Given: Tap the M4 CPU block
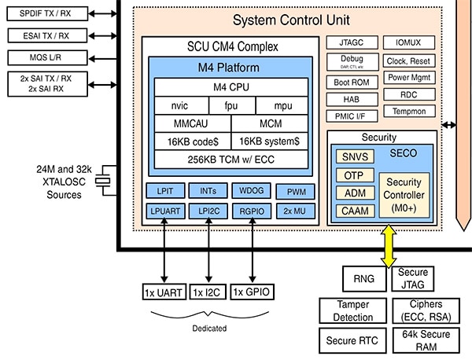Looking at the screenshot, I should point(230,86).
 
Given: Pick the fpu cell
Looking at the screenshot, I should point(230,105).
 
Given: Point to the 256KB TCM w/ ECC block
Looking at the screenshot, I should point(230,160).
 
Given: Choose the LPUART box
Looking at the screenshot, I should point(164,210).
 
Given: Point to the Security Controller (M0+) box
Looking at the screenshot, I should point(405,193).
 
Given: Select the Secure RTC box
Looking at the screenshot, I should point(352,340).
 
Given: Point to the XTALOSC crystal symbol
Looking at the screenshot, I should point(101,182).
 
